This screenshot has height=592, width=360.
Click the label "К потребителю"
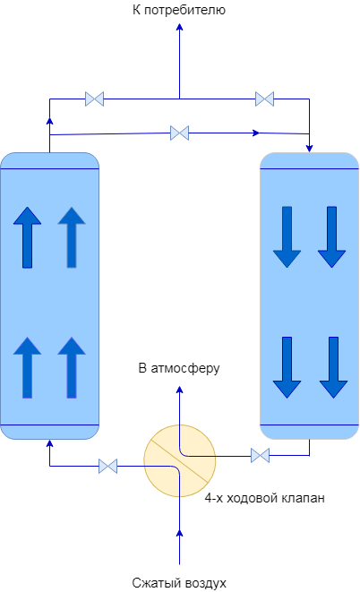[x=179, y=10]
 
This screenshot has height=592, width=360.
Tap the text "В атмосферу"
[x=179, y=368]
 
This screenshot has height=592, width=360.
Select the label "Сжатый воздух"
[x=179, y=582]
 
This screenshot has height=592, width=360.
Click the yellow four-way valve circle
[x=180, y=460]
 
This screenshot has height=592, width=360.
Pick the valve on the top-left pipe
[x=94, y=99]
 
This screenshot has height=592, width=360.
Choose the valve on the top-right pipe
[x=264, y=99]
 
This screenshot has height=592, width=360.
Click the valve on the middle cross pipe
[x=180, y=133]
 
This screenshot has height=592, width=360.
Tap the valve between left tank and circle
[x=108, y=466]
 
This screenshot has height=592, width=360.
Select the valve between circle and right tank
[x=260, y=455]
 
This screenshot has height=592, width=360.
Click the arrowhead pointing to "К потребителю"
[x=180, y=27]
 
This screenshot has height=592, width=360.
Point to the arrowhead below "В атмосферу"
[x=180, y=390]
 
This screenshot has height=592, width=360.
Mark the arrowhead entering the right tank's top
[x=310, y=149]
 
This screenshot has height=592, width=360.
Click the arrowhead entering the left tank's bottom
[x=49, y=443]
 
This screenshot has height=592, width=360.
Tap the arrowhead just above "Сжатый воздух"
[x=180, y=533]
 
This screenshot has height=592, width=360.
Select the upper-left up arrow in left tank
[x=27, y=237]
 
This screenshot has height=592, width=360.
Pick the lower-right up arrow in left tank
[x=72, y=368]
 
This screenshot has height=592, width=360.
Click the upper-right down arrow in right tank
[x=331, y=237]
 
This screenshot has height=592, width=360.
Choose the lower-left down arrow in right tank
[x=287, y=367]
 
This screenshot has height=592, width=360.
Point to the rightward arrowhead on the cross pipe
[x=256, y=133]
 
